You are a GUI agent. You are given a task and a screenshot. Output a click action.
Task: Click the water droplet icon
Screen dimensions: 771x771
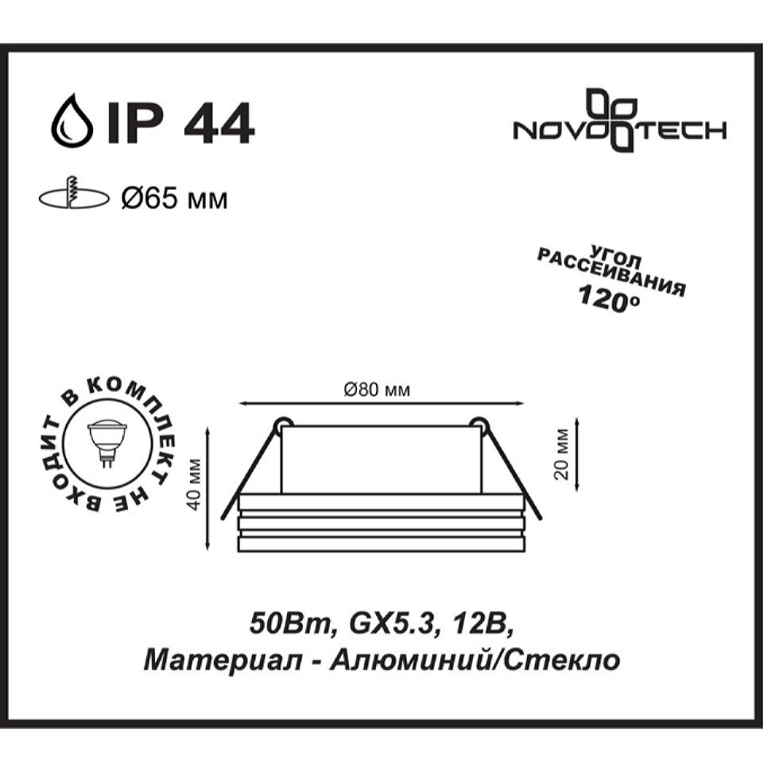72,121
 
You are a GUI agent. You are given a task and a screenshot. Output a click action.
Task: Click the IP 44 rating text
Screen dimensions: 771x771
180,122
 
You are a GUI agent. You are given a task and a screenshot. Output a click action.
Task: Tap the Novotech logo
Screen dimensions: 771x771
619,121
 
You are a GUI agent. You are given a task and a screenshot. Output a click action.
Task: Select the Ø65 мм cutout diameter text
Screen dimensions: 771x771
175,200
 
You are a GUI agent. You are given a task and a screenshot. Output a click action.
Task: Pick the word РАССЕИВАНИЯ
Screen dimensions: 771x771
611,272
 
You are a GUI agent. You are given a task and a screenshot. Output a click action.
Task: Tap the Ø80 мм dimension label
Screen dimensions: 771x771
377,390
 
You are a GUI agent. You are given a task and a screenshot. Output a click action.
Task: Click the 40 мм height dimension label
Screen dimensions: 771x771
195,484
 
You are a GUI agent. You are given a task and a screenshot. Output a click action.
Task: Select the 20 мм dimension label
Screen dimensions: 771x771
561,454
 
